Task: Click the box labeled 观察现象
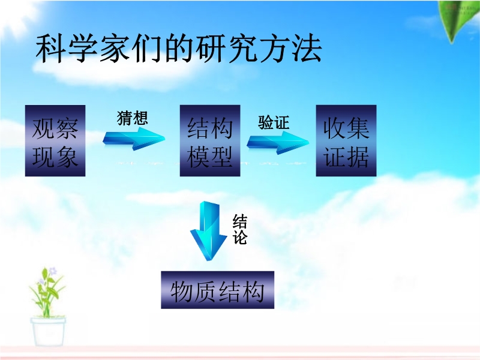point(55,140)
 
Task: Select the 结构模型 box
point(210,140)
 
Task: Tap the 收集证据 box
point(346,140)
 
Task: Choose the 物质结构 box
point(218,290)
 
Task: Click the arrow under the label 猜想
point(134,139)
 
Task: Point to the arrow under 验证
point(278,143)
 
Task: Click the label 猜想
point(133,118)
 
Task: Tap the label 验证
point(274,122)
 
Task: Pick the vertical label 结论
point(239,229)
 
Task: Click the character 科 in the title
point(51,49)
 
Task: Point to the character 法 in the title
point(307,49)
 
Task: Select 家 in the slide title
point(115,49)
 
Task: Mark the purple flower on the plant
point(53,271)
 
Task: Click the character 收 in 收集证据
point(335,128)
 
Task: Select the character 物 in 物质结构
point(182,292)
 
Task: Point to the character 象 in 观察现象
point(67,156)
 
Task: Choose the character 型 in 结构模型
point(221,156)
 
